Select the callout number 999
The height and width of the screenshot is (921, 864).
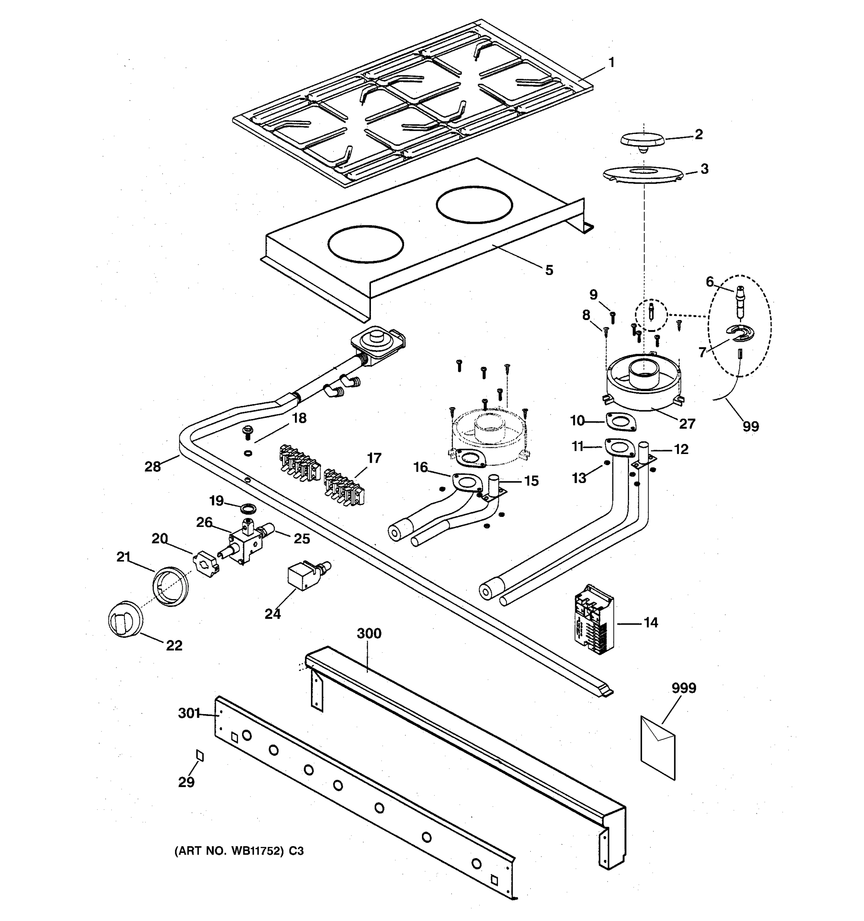click(684, 688)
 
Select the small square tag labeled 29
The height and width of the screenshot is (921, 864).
click(200, 756)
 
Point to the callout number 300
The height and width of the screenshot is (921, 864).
click(369, 633)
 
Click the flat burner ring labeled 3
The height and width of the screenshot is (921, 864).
click(642, 174)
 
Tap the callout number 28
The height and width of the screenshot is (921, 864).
click(152, 467)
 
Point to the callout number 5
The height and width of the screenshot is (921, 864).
click(549, 270)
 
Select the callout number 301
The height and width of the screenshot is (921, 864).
click(189, 713)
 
